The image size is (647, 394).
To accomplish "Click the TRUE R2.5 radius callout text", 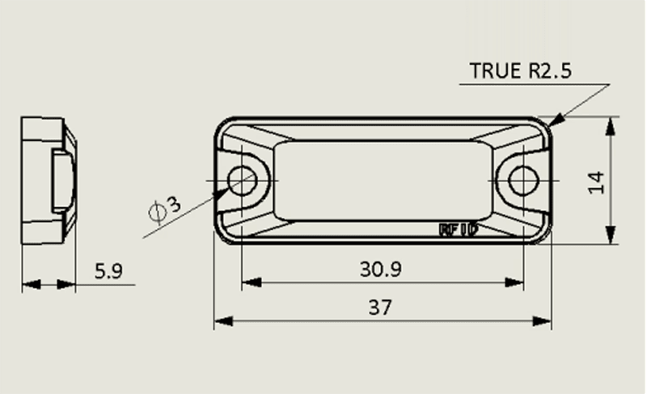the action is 521,71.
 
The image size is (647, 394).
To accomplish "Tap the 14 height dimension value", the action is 597,182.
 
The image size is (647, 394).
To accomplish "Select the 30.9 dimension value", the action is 380,269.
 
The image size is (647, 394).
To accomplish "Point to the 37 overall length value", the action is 379,307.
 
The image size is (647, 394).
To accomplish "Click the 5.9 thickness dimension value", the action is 108,271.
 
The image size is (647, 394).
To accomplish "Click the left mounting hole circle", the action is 242,180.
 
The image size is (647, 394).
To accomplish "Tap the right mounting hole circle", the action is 524,180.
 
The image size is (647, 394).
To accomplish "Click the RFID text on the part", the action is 459,230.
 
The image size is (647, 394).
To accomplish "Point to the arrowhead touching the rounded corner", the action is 556,119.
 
